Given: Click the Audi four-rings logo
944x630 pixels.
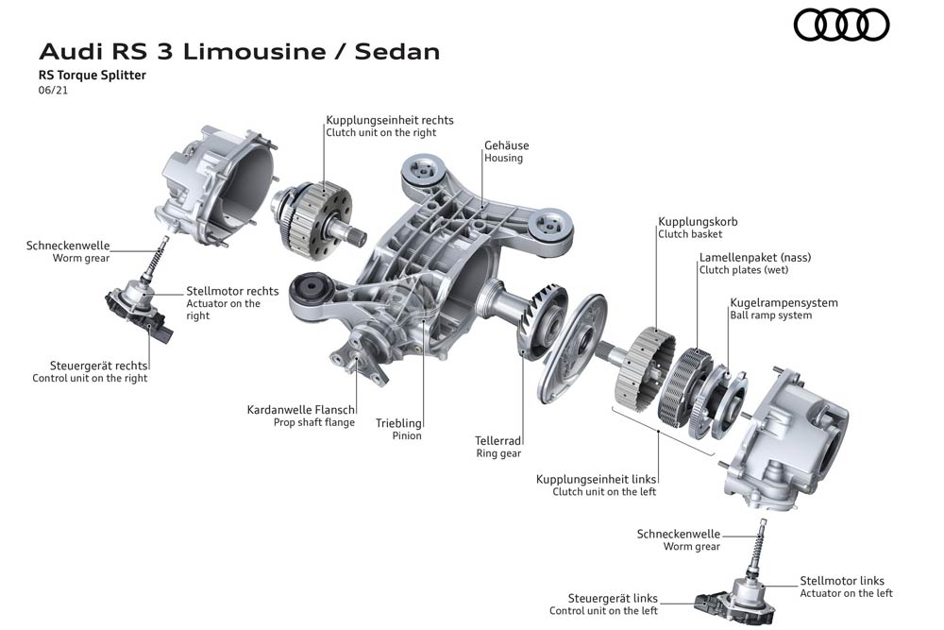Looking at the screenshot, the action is point(841,26).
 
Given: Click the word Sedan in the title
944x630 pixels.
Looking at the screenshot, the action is point(397,52).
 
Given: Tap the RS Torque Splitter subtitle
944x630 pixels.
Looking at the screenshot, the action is point(93,76).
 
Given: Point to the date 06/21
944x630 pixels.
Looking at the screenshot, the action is point(53,91).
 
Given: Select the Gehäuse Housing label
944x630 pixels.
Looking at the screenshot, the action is point(506,151).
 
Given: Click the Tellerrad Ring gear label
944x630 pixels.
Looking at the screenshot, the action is point(497,447).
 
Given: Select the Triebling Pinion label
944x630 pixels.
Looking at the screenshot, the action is point(398,430).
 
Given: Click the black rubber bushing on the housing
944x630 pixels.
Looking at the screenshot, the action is point(312,288).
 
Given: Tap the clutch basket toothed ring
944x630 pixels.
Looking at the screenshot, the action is point(646,368).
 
